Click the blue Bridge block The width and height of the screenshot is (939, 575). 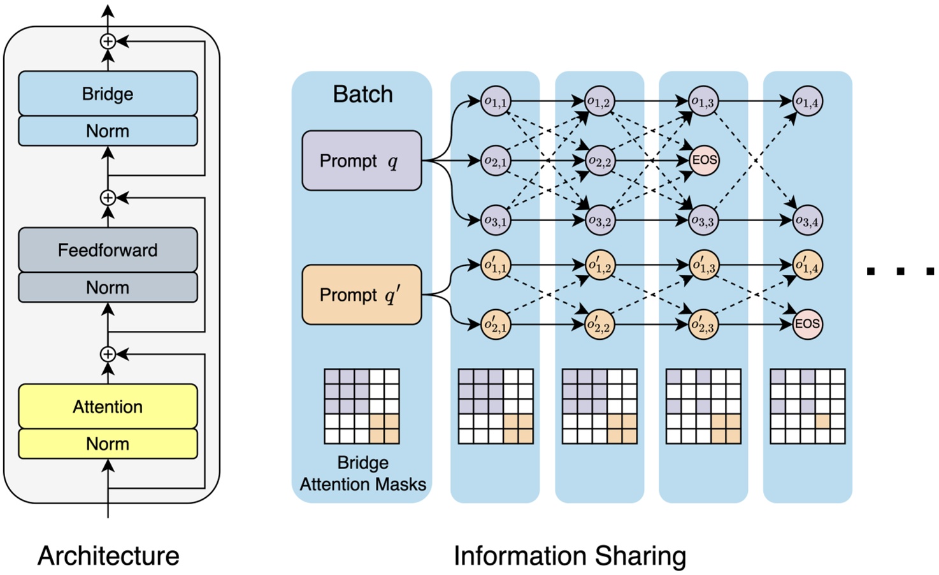(108, 94)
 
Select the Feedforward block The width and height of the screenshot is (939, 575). (108, 250)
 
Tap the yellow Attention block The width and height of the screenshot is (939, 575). (108, 406)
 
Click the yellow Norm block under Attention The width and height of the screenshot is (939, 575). (108, 444)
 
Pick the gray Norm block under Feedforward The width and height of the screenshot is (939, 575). (108, 287)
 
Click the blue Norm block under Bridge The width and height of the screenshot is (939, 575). (108, 131)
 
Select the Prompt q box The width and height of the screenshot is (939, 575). (361, 161)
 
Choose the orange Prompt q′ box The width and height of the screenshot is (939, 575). (361, 295)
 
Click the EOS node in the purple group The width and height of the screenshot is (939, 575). (704, 160)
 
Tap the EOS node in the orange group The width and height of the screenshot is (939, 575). (807, 324)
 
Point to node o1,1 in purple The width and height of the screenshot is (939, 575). (496, 101)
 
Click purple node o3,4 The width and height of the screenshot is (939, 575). (807, 221)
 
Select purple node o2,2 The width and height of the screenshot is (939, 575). (599, 161)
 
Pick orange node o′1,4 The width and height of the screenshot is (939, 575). (807, 265)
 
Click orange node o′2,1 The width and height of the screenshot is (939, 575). (496, 324)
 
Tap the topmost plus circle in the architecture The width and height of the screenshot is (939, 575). (108, 41)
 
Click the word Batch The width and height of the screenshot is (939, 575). (362, 94)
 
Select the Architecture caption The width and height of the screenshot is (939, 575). (108, 556)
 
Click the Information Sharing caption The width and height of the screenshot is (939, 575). (570, 556)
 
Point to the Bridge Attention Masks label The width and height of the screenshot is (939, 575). (362, 474)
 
